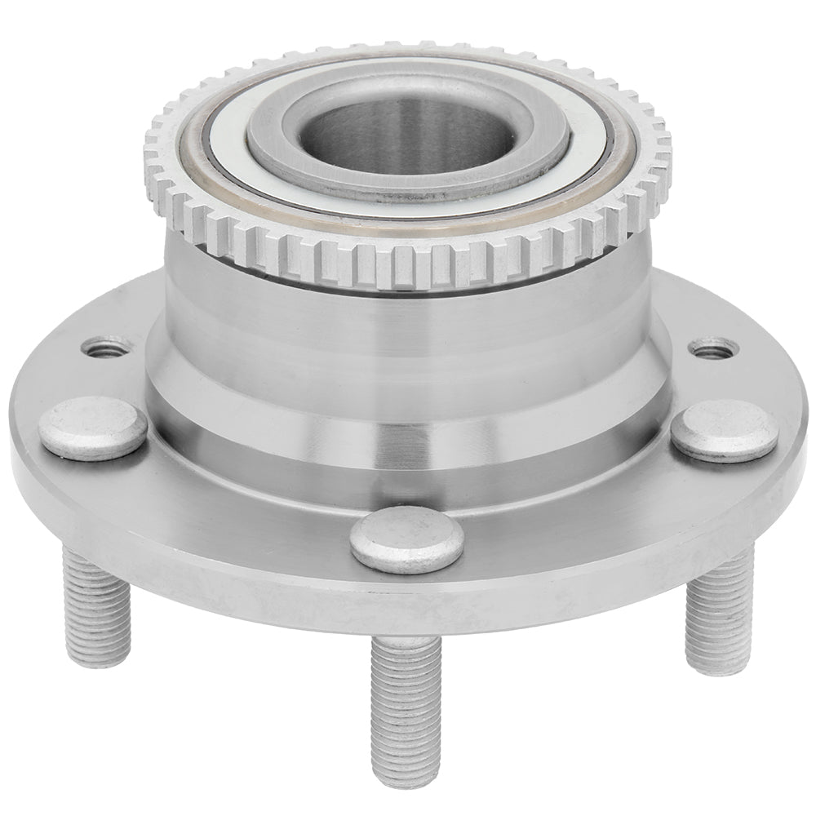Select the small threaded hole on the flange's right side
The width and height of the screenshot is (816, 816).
713,349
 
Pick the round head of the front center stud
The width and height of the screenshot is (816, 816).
407,540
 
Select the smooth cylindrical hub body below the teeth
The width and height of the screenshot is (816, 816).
408,326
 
